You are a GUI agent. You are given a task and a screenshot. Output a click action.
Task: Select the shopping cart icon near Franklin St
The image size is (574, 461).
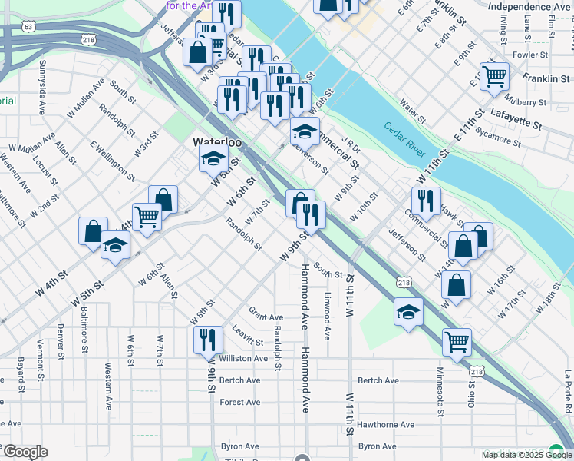pyautogui.click(x=495, y=75)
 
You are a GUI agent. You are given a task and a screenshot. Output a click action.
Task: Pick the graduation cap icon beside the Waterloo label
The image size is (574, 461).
pyautogui.click(x=213, y=160)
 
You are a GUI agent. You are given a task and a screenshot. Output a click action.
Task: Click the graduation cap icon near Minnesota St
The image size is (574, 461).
pyautogui.click(x=408, y=312)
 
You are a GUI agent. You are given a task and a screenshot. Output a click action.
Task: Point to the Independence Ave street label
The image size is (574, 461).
pyautogui.click(x=529, y=7)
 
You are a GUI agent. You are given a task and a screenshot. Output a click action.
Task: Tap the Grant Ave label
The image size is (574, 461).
pyautogui.click(x=266, y=314)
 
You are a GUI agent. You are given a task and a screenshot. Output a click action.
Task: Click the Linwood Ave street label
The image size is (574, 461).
pyautogui.click(x=327, y=316)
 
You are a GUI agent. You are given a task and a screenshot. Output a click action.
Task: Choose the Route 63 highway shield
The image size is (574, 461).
pyautogui.click(x=28, y=26)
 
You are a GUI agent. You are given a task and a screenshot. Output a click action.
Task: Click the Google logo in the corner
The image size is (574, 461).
pyautogui.click(x=25, y=452)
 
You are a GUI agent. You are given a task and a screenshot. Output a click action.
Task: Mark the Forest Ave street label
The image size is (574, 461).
pyautogui.click(x=240, y=402)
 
